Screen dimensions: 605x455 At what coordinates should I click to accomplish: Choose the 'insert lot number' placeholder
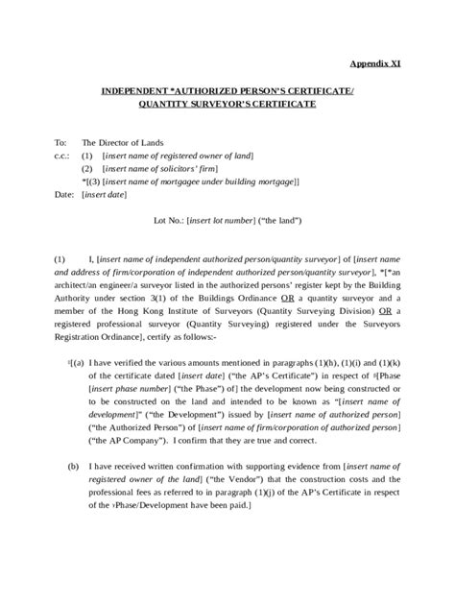click(x=231, y=220)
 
